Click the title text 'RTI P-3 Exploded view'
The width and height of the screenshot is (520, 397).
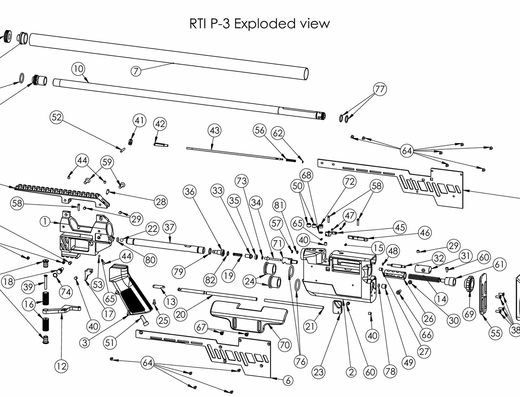260,23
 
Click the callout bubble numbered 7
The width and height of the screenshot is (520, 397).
136,71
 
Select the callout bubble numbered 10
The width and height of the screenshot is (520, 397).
78,69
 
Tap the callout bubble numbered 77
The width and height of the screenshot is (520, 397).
380,89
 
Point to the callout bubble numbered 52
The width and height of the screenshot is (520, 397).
57,117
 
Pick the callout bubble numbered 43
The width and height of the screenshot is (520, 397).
215,131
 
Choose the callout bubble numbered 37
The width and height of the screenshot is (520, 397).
169,227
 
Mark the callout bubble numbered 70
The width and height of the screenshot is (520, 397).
285,345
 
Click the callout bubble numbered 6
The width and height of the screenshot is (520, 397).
288,380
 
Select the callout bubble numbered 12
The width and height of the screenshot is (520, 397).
61,366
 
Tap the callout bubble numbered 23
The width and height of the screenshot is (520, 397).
318,372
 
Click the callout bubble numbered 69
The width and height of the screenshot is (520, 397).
469,314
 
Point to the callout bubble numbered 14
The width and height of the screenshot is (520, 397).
441,299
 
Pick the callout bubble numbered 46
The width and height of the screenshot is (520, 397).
425,233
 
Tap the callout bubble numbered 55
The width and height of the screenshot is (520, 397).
495,333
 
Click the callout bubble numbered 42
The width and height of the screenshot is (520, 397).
160,124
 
